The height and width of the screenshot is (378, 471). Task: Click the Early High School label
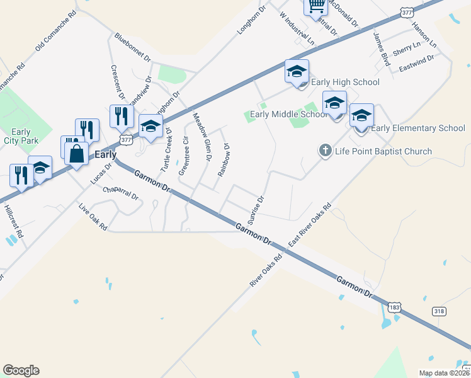(346, 82)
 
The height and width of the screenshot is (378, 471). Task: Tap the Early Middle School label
(288, 114)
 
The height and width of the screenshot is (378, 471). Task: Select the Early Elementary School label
(418, 129)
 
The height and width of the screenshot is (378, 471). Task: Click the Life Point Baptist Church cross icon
(325, 151)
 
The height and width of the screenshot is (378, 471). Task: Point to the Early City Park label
(21, 137)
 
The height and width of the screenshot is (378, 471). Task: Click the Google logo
(21, 370)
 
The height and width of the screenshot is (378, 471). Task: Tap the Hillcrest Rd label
(13, 220)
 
